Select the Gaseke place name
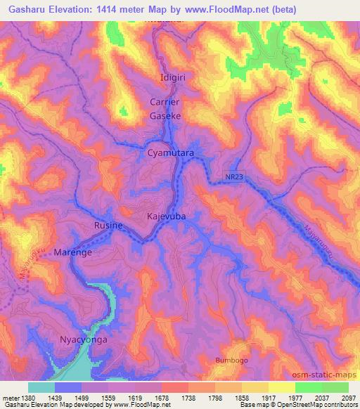(165, 115)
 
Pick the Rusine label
(108, 226)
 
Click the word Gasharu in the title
(28, 9)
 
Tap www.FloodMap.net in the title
(220, 9)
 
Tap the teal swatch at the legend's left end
(41, 387)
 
